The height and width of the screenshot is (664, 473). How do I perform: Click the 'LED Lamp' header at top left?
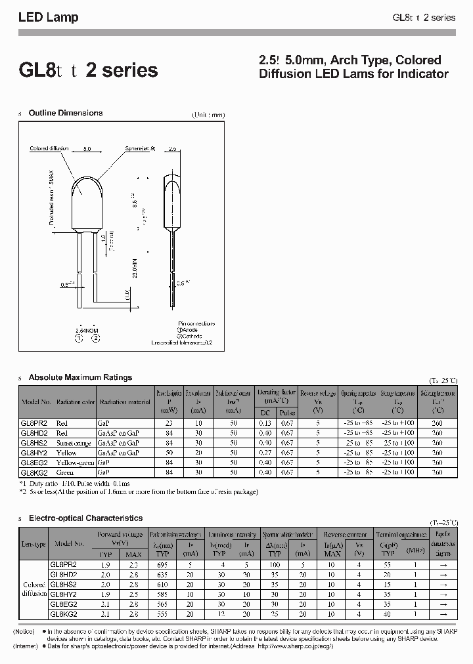coord(48,18)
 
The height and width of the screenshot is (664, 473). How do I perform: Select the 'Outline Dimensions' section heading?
coord(65,113)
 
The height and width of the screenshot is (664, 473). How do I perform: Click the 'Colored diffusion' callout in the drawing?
coord(49,149)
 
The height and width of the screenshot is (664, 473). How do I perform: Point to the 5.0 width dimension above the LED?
coord(87,149)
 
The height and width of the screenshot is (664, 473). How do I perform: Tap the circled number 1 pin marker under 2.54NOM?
coord(78,339)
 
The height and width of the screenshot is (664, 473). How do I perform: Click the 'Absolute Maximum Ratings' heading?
coord(80,377)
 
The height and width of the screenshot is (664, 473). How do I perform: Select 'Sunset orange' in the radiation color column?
coord(74,443)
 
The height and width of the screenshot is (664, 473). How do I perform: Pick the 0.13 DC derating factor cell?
coord(266,424)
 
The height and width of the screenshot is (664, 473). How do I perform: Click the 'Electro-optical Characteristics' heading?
coord(85,518)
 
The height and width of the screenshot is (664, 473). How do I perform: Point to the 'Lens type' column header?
coord(34,544)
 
